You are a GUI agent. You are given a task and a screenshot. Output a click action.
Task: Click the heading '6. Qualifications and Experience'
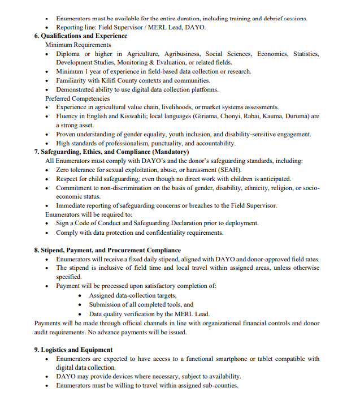(x=81, y=36)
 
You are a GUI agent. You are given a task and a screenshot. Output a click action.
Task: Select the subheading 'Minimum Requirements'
(x=78, y=45)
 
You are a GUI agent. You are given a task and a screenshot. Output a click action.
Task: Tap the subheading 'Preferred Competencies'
(x=77, y=98)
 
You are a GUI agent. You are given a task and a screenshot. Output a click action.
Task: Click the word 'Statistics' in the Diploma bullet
(x=306, y=54)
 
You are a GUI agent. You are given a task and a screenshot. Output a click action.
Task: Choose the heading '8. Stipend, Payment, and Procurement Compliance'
(x=107, y=250)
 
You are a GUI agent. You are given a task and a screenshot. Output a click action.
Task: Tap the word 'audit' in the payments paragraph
(x=43, y=332)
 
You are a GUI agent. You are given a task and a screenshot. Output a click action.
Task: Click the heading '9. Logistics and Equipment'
(x=73, y=350)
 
